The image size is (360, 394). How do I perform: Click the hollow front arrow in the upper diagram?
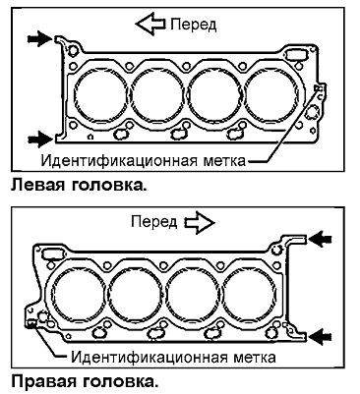(150, 24)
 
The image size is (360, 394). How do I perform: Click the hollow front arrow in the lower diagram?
(200, 223)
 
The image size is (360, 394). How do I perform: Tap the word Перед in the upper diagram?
(194, 25)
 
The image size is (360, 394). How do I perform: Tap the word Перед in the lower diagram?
(153, 222)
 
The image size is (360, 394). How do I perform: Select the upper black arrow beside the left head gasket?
(39, 38)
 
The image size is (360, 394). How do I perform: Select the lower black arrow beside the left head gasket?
(39, 140)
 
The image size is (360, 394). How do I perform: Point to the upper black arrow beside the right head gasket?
(321, 239)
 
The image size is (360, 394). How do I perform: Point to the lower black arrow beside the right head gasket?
(321, 336)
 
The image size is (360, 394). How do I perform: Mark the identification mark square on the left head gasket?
(317, 87)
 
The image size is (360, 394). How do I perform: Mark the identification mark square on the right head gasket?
(31, 323)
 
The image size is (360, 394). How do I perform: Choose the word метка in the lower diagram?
(255, 357)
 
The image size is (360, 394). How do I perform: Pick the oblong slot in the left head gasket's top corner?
(296, 54)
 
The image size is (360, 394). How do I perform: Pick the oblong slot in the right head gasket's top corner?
(52, 253)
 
